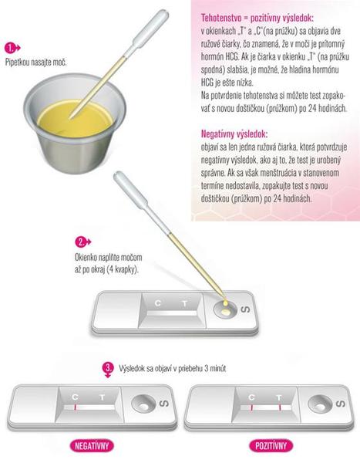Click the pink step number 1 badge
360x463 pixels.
click(11, 48)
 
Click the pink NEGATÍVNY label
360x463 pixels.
click(92, 445)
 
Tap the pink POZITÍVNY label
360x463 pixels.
click(271, 445)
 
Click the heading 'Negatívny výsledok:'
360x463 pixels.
click(234, 134)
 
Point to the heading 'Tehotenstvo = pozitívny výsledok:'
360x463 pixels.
click(257, 18)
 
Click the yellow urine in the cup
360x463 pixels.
click(76, 119)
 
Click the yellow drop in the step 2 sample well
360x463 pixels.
click(225, 311)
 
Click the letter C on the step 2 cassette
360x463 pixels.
click(158, 303)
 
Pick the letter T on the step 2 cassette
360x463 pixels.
click(185, 303)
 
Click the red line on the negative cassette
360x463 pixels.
click(75, 407)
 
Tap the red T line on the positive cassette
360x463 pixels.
click(279, 408)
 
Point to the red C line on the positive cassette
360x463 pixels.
click(252, 408)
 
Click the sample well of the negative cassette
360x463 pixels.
click(143, 404)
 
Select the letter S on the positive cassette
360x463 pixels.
click(340, 404)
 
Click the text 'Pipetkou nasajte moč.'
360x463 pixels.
click(36, 63)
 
